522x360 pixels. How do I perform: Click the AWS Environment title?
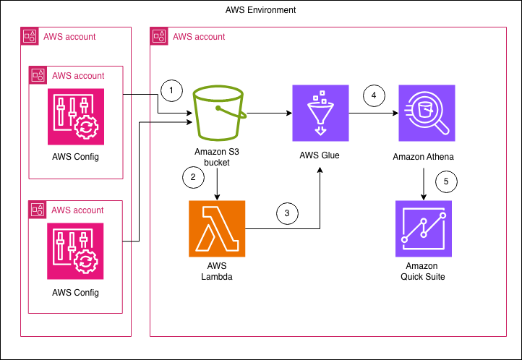261,10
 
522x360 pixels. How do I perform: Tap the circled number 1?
171,90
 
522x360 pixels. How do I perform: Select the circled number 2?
193,176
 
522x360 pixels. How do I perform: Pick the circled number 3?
287,213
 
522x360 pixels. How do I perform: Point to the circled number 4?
374,95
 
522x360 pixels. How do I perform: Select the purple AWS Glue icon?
320,113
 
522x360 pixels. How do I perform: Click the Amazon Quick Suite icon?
424,229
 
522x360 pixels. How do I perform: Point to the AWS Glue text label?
320,156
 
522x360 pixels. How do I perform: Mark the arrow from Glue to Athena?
373,113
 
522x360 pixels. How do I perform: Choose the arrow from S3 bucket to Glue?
268,113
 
